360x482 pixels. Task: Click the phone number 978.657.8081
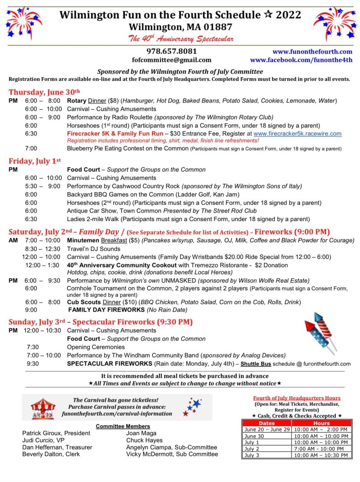pyautogui.click(x=171, y=51)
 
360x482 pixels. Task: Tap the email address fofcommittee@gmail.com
pyautogui.click(x=171, y=60)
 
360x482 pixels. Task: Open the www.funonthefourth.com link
pyautogui.click(x=312, y=51)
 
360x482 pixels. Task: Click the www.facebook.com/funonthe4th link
pyautogui.click(x=301, y=60)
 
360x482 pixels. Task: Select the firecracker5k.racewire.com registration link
pyautogui.click(x=297, y=134)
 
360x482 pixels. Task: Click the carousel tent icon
pyautogui.click(x=43, y=408)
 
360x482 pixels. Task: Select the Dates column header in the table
pyautogui.click(x=266, y=423)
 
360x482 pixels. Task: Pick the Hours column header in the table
pyautogui.click(x=321, y=423)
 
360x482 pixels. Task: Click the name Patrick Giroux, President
pyautogui.click(x=56, y=433)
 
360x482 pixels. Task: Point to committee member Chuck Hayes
pyautogui.click(x=144, y=440)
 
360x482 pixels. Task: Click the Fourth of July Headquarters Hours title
pyautogui.click(x=296, y=398)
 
